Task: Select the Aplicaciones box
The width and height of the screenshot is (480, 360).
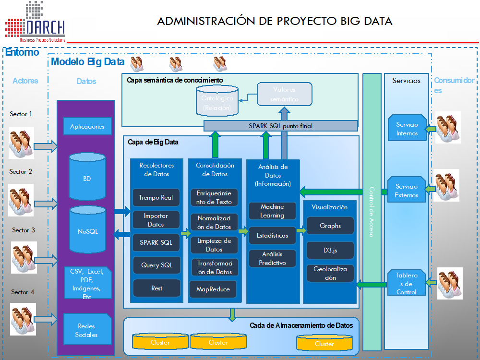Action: [87, 127]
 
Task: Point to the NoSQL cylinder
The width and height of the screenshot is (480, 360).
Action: [88, 231]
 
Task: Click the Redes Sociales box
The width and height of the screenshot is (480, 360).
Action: [86, 330]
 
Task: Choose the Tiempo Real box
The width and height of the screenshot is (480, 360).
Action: [156, 197]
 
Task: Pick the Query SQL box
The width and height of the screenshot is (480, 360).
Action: [156, 265]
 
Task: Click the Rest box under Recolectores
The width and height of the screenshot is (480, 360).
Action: [156, 288]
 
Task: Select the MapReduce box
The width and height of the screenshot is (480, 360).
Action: [213, 289]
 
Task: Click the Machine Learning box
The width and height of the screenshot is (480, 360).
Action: [272, 211]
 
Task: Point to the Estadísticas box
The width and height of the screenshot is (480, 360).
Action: [272, 236]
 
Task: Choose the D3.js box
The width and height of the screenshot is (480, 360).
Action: [330, 250]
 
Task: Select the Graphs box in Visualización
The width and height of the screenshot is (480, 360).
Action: [330, 226]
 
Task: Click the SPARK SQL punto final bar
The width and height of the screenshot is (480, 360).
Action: [281, 126]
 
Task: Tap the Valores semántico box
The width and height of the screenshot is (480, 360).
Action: [284, 94]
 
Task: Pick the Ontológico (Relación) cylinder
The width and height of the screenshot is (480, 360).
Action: [217, 101]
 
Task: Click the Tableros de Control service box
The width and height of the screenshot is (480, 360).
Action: [407, 283]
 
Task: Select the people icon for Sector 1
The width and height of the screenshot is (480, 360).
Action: [21, 143]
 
